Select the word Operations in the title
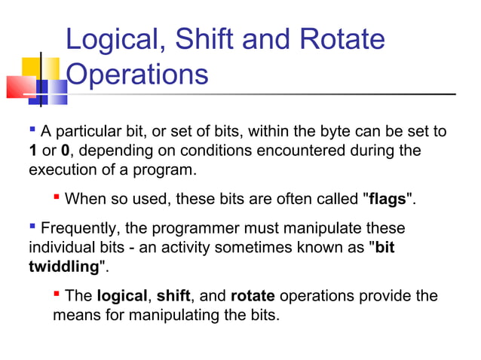(x=136, y=75)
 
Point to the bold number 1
(x=33, y=151)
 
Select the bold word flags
(x=388, y=200)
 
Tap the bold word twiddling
(x=64, y=267)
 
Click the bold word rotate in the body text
(x=253, y=296)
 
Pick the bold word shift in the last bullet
(x=173, y=296)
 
